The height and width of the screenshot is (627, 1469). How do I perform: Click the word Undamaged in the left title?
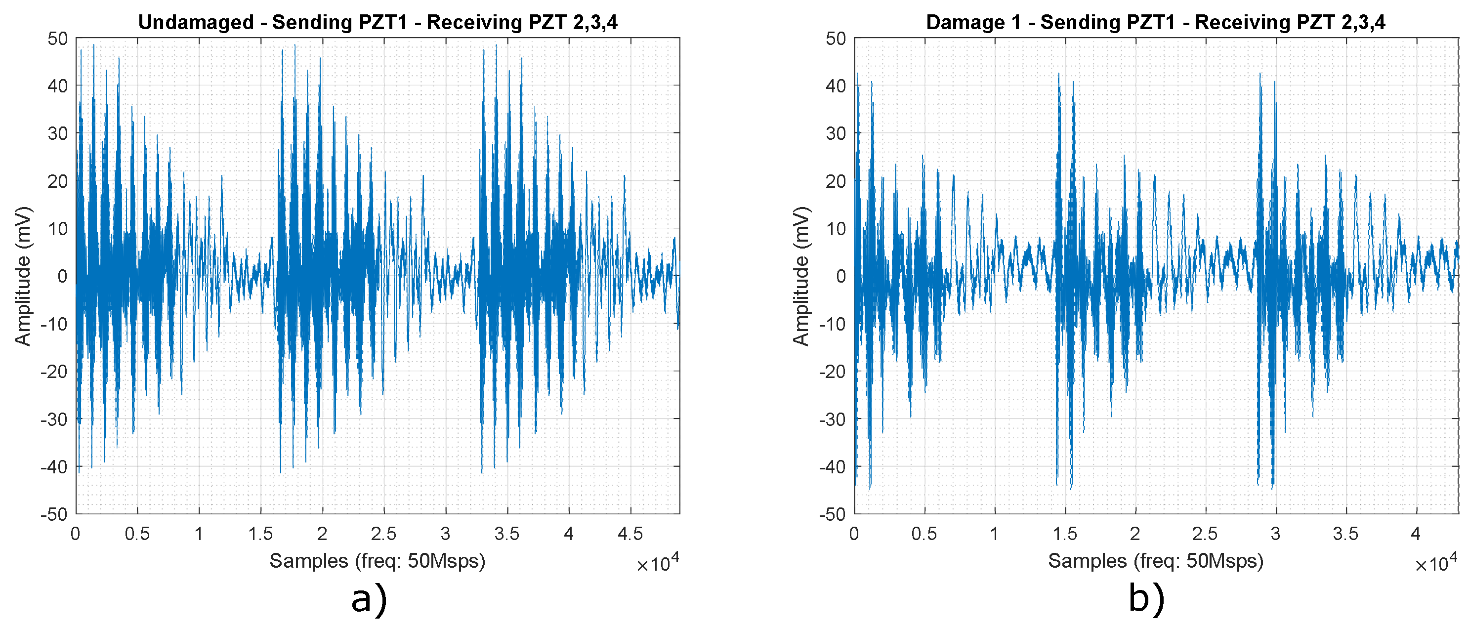[x=196, y=22]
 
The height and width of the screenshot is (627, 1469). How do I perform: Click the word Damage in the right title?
[x=963, y=22]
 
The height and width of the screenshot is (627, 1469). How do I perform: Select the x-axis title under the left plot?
[x=377, y=561]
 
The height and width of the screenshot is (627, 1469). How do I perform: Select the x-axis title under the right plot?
[x=1155, y=561]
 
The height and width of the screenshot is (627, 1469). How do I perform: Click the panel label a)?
[x=369, y=600]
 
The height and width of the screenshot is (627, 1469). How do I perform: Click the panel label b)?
[x=1146, y=600]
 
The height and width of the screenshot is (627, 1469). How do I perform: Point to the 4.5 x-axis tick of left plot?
[x=630, y=534]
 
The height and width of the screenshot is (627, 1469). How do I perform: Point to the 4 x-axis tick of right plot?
[x=1416, y=534]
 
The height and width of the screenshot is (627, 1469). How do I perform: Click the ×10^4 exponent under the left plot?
[x=658, y=563]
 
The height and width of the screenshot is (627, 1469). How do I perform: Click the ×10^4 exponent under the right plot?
[x=1436, y=563]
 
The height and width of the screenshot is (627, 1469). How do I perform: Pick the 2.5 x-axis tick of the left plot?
[x=383, y=534]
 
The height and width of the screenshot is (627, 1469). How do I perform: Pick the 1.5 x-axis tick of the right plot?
[x=1064, y=534]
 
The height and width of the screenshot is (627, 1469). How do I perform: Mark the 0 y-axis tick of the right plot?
[x=840, y=277]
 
